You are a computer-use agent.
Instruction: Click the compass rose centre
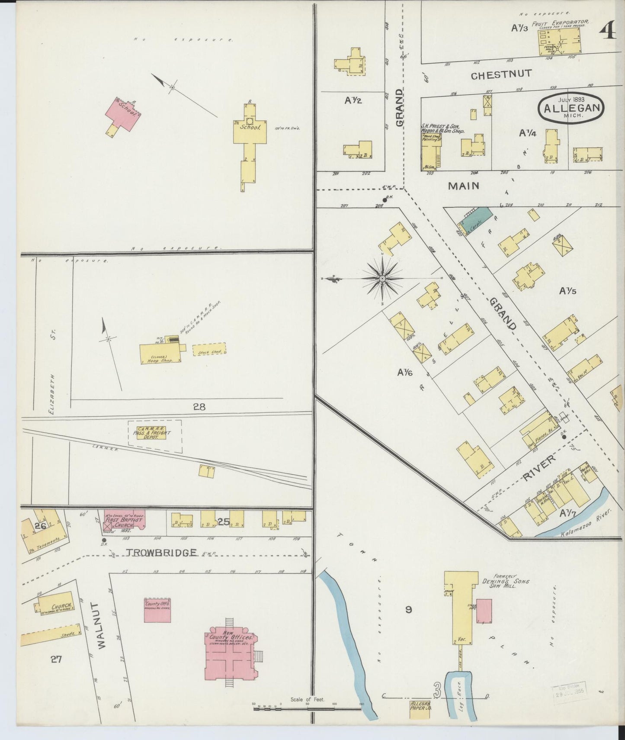382,279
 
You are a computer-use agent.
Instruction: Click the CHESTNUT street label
501,74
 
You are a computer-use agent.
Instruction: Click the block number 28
199,406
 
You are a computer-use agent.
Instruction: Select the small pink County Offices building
158,610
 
